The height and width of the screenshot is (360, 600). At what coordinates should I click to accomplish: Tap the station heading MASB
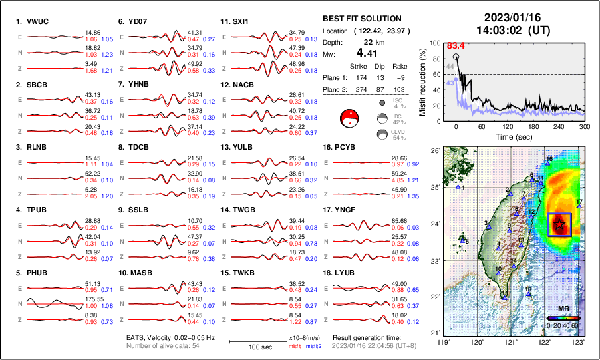tap(135, 273)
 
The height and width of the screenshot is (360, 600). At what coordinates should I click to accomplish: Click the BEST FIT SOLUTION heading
tap(361, 19)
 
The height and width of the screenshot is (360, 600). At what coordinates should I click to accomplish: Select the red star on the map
tap(559, 224)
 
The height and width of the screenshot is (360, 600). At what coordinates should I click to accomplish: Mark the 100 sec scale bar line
tap(256, 341)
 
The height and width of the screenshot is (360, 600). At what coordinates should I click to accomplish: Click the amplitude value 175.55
tap(95, 300)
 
